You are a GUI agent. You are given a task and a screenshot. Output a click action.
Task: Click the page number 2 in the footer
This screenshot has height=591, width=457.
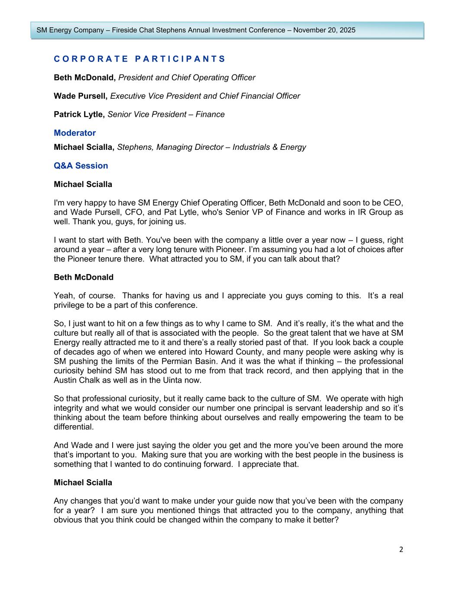tap(401, 549)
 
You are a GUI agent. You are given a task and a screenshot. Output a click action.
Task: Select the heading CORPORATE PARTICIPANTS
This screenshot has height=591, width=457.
tap(139, 59)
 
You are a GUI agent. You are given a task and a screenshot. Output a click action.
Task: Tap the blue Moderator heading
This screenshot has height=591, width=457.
tap(75, 133)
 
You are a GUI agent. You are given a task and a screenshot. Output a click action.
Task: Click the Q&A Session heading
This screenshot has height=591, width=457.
tap(81, 166)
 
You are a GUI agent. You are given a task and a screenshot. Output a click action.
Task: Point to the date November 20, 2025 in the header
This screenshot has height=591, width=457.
tap(324, 30)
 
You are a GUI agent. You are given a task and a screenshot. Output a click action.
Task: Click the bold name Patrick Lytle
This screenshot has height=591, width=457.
tap(79, 114)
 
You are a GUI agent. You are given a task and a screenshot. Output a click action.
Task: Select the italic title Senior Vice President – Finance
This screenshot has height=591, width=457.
tap(166, 114)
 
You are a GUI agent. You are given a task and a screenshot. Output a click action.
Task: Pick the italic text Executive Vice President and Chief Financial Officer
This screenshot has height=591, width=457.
tap(205, 96)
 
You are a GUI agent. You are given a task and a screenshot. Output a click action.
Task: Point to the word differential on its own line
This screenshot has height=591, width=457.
tap(73, 427)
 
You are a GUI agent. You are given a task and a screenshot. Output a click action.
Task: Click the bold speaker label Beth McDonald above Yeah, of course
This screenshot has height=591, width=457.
tap(84, 277)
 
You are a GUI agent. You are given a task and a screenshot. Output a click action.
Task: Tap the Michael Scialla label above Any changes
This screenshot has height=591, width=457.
tap(83, 482)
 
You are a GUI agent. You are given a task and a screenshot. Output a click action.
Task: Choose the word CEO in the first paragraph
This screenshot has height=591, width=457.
tap(395, 203)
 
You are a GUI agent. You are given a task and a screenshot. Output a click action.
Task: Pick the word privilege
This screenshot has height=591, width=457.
tap(69, 305)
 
